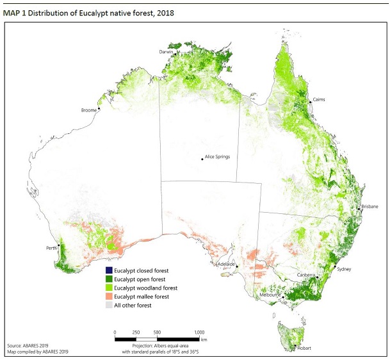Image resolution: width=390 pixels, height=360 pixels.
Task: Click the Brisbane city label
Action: click(370, 206)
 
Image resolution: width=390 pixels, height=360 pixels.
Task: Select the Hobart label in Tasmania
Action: click(304, 349)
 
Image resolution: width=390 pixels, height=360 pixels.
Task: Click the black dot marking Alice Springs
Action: click(202, 158)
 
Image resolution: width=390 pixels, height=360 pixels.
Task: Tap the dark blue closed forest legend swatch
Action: click(109, 270)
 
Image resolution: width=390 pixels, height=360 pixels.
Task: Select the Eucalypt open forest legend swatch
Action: click(109, 279)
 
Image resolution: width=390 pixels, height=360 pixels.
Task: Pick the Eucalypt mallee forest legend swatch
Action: click(109, 297)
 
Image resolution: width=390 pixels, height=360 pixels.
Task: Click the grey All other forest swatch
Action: click(109, 306)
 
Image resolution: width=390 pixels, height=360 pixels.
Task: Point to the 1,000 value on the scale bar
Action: click(199, 332)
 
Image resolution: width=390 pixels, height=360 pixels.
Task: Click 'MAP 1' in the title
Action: click(15, 13)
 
